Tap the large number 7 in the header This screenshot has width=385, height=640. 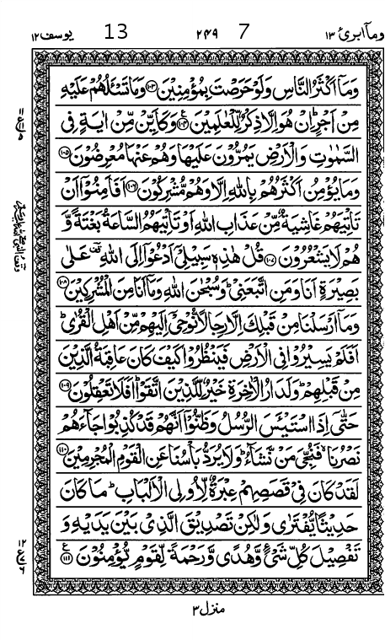click(245, 33)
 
